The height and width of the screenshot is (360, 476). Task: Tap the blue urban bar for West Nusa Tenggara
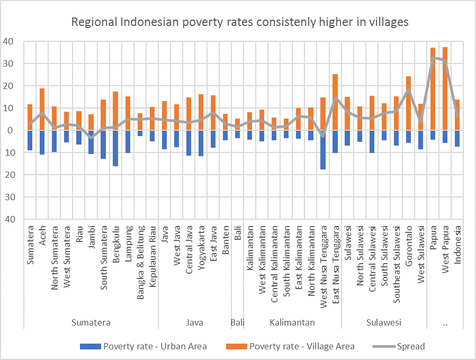(322, 150)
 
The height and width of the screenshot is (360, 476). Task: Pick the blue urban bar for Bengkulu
(115, 148)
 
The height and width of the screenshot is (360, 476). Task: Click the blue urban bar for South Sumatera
(103, 145)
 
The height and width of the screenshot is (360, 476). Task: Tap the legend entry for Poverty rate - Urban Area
(143, 347)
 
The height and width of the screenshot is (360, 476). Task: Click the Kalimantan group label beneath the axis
(292, 322)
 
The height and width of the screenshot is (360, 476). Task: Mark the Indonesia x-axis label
(457, 244)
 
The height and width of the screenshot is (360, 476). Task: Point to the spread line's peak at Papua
(433, 57)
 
